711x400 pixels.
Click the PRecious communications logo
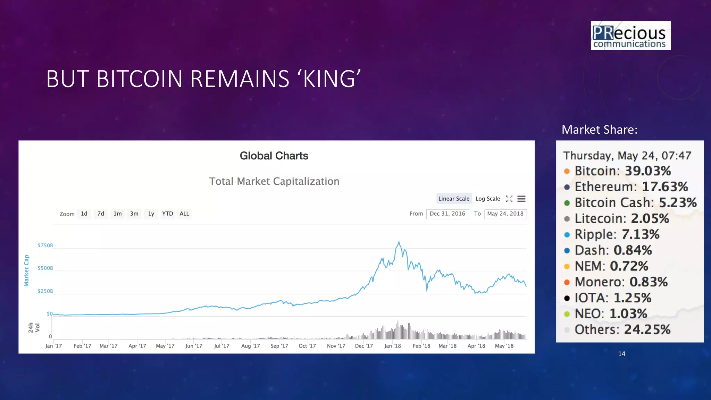tap(630, 36)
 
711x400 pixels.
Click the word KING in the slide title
tap(329, 79)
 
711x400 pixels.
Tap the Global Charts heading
tap(274, 156)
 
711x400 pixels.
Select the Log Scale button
tap(487, 199)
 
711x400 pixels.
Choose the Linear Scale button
tap(454, 199)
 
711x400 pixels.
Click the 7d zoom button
tap(101, 214)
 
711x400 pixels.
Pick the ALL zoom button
tap(184, 214)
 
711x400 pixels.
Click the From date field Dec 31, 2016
tap(447, 214)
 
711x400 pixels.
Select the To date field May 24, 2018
tap(505, 214)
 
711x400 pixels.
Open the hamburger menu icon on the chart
tap(521, 199)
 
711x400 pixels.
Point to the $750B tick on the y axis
tap(45, 245)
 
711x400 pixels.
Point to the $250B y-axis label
tap(45, 291)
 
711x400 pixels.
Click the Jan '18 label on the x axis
tap(392, 346)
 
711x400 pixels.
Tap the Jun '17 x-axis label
tap(194, 346)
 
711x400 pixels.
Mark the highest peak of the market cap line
tap(399, 242)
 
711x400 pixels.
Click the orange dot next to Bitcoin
tap(567, 171)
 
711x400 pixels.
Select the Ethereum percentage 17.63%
tap(665, 187)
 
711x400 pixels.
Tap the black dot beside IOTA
tap(567, 298)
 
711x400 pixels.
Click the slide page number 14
tap(621, 354)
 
